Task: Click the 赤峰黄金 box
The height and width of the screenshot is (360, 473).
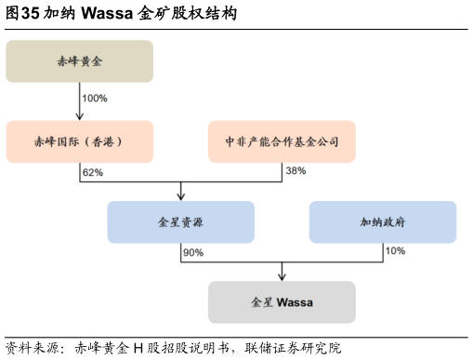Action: point(79,61)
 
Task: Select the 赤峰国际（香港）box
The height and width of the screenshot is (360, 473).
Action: point(79,141)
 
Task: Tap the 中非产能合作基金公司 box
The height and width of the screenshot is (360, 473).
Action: point(282,141)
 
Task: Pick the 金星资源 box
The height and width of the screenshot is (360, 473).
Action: point(180,222)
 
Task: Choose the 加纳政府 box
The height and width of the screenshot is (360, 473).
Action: point(382,222)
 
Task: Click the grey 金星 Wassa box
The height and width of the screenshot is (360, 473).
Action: point(282,302)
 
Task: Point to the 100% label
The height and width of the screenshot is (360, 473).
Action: point(95,98)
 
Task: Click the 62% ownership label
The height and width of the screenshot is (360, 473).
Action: point(92,172)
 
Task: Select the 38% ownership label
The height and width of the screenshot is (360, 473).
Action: point(295,172)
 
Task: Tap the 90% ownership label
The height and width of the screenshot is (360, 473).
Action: point(193,252)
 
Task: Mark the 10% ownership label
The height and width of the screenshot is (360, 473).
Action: point(395,252)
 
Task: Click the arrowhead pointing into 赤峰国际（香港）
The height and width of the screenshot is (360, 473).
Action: point(80,116)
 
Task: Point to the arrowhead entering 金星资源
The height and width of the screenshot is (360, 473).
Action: point(180,196)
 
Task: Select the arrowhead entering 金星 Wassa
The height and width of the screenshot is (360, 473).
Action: point(282,276)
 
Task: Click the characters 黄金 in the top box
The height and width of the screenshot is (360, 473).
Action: point(93,62)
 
